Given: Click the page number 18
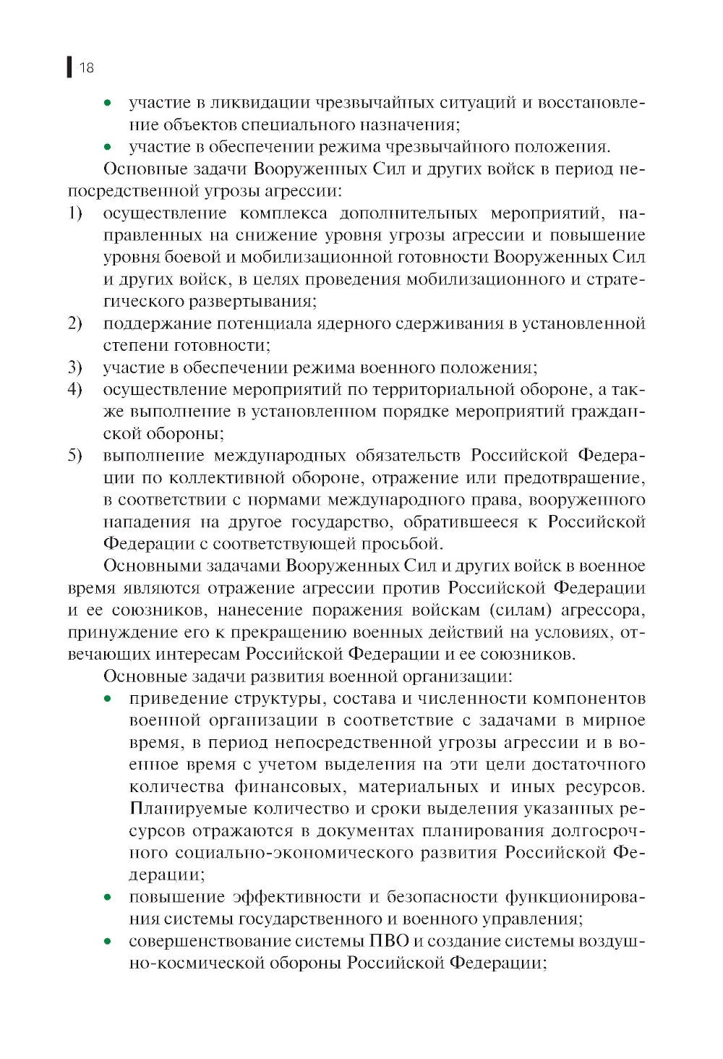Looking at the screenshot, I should click(x=87, y=68).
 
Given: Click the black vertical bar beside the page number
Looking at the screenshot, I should click(x=69, y=67).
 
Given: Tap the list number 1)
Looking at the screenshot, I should click(x=75, y=213).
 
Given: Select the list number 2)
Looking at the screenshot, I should click(x=75, y=323).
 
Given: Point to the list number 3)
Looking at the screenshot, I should click(x=75, y=367).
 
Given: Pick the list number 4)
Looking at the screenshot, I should click(x=75, y=389).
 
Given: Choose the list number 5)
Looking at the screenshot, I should click(x=75, y=456).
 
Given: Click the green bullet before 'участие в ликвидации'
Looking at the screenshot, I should click(x=108, y=103).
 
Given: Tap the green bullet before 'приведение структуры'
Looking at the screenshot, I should click(x=108, y=699).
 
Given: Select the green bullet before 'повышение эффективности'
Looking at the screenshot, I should click(x=108, y=897).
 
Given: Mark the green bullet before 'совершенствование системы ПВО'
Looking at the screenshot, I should click(x=108, y=941).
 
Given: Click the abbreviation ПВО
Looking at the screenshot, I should click(x=389, y=941).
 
